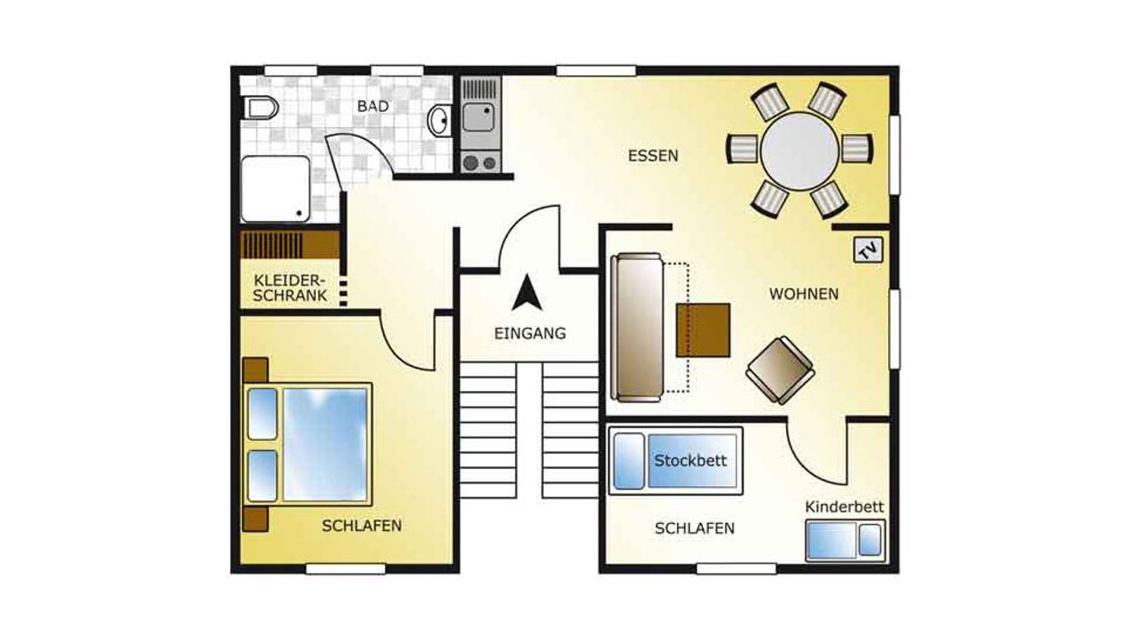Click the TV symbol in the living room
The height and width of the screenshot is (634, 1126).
(868, 250)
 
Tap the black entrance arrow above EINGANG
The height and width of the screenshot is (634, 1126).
(527, 292)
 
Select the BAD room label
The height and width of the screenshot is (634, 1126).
(373, 106)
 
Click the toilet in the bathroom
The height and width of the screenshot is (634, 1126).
(260, 108)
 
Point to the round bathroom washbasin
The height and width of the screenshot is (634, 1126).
(440, 120)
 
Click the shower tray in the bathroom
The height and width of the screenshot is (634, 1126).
(275, 189)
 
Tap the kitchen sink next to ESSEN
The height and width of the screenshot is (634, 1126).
(479, 117)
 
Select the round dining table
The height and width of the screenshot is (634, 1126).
(799, 151)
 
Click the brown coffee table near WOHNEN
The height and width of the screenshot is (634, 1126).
(703, 330)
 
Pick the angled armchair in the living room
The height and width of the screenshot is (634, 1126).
(780, 371)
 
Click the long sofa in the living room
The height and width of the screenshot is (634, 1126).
(636, 328)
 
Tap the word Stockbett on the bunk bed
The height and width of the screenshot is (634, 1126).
(690, 461)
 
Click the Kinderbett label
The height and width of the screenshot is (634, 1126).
(844, 506)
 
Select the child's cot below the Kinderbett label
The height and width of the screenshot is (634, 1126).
(844, 541)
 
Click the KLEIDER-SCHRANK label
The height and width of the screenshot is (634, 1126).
(290, 288)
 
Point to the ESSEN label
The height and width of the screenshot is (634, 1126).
(653, 156)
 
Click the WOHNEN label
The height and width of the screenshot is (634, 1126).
(804, 294)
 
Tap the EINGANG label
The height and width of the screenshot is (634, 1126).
(530, 334)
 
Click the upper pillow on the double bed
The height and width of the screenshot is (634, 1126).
(262, 414)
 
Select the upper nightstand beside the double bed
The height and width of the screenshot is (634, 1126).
(255, 371)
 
